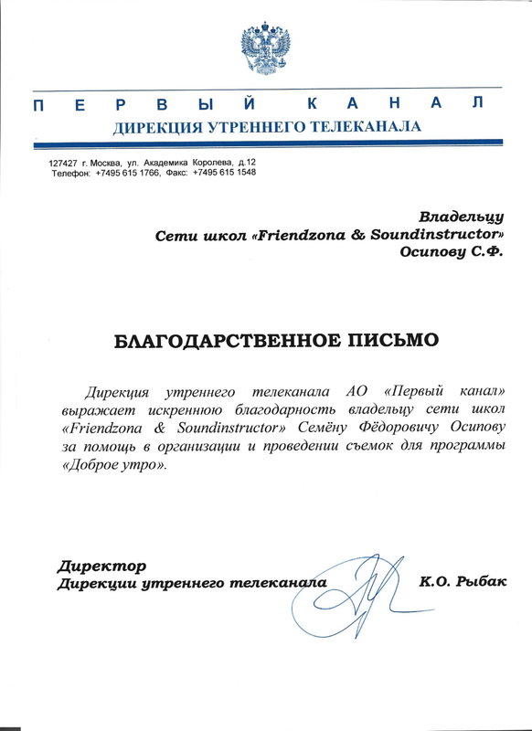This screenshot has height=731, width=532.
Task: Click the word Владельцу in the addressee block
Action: click(461, 217)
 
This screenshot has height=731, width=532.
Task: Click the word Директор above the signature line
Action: click(101, 565)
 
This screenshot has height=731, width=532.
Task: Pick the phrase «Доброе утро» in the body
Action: click(112, 465)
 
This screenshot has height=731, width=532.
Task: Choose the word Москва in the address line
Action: click(110, 163)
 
